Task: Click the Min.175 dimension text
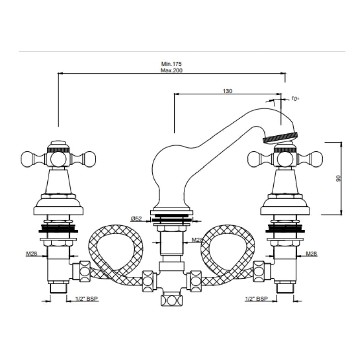click(171, 64)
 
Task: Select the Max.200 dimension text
click(172, 70)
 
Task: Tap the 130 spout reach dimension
click(227, 91)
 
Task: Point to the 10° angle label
click(294, 99)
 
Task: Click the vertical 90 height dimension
click(339, 178)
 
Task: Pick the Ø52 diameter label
click(136, 218)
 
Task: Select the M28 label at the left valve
click(31, 254)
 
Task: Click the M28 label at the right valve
click(311, 254)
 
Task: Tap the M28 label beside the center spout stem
click(197, 240)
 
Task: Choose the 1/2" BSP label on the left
click(87, 299)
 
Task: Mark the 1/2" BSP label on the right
click(256, 299)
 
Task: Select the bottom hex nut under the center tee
click(172, 301)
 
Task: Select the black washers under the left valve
click(58, 228)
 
